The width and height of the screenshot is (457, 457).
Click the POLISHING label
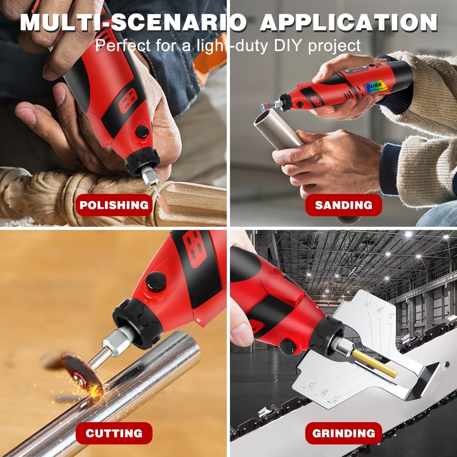coord(114,205)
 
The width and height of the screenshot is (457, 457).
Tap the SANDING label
coord(344,205)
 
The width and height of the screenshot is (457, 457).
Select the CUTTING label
coord(114,433)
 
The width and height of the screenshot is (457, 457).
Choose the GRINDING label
coord(344,433)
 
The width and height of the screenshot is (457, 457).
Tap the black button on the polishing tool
coord(142,132)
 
